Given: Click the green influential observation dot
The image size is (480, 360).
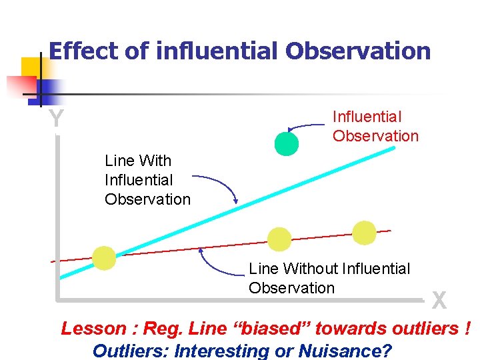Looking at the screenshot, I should click(287, 143).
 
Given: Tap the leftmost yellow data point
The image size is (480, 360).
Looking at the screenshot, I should click(104, 257).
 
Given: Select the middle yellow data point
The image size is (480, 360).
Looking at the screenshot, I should click(279, 239).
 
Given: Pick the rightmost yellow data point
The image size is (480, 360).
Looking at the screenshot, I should click(364, 233).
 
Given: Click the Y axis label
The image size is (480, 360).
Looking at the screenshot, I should click(57, 119).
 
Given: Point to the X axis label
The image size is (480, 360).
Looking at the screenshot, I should click(439, 301).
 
